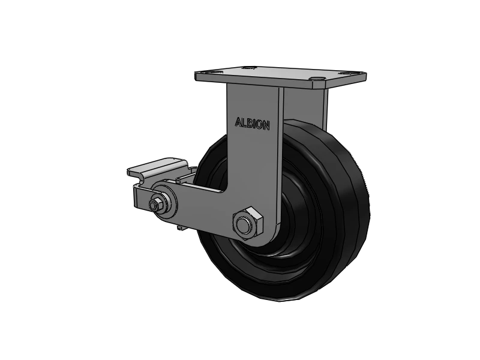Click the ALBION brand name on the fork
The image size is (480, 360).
click(x=252, y=124)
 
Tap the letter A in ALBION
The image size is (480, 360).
click(x=237, y=122)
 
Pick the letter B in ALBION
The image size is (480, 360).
click(x=248, y=124)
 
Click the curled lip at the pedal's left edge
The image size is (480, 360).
click(x=131, y=173)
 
